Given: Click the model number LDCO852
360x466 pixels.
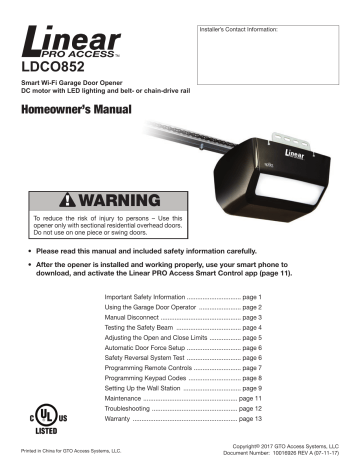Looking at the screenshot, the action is click(x=57, y=71).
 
